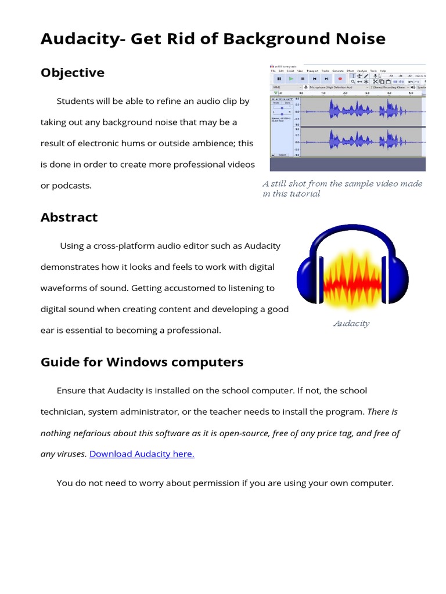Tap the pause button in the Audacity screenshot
[279, 78]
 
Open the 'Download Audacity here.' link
[142, 454]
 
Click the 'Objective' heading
[73, 73]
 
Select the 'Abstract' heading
[69, 217]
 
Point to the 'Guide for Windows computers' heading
[142, 362]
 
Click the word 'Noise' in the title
[357, 39]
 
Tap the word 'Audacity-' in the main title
[82, 39]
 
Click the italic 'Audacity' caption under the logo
[351, 324]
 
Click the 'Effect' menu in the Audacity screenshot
[350, 71]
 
